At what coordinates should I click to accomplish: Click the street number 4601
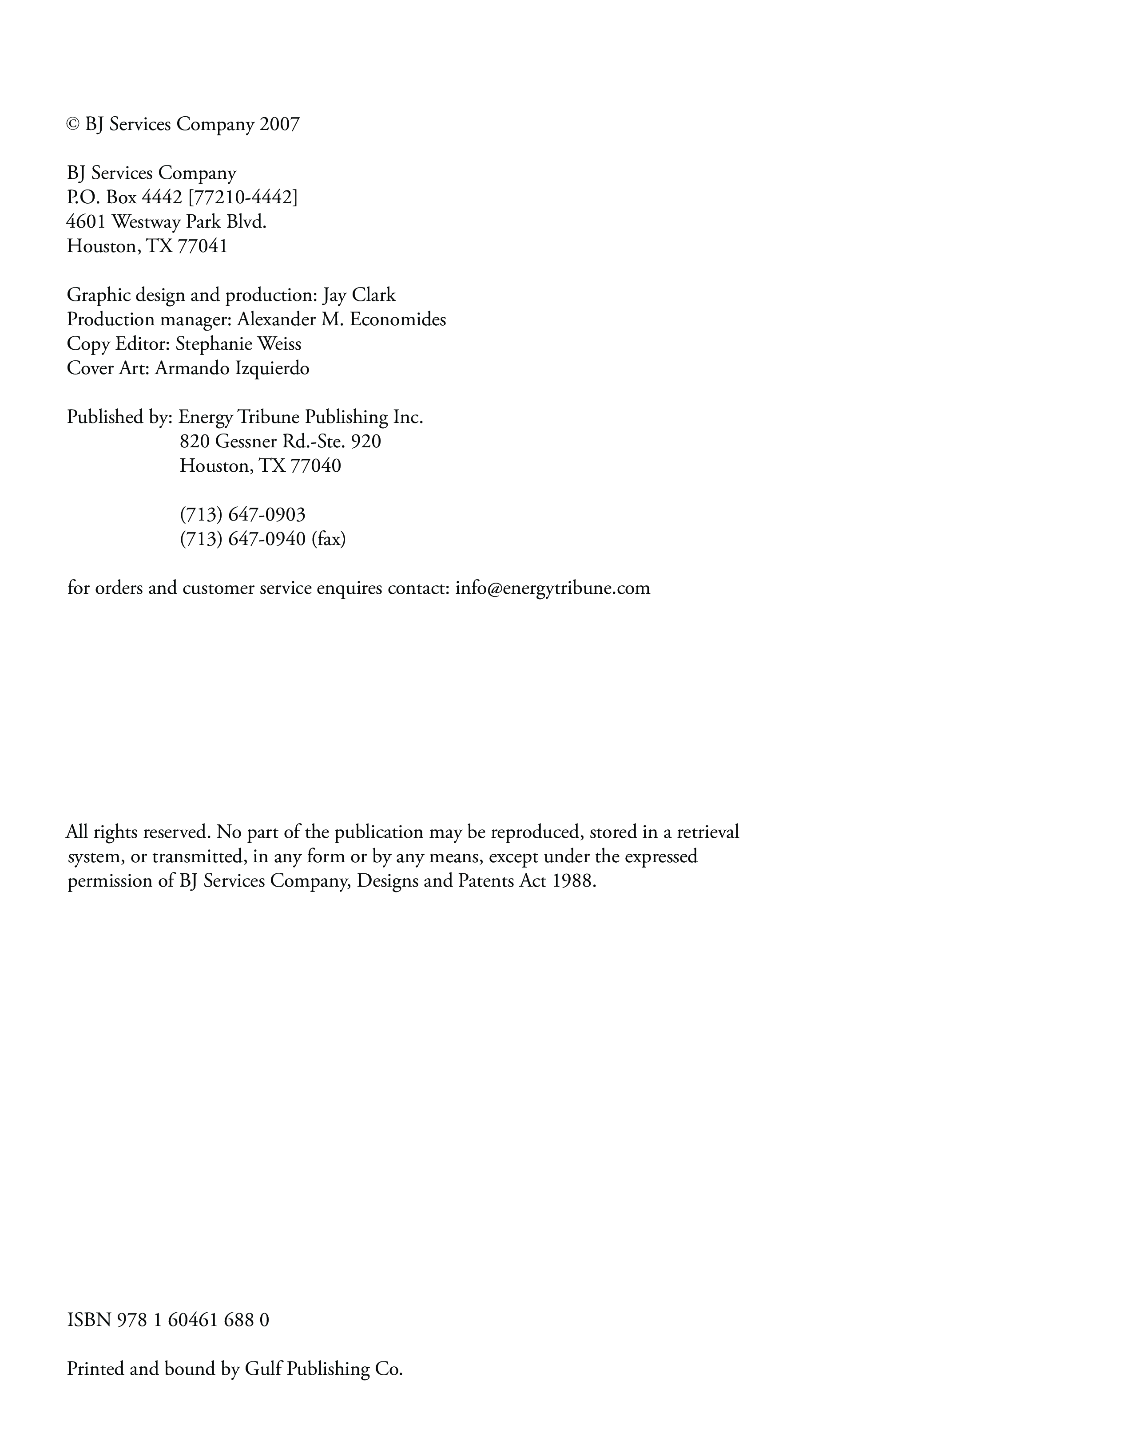86,222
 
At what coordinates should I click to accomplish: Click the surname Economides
397,320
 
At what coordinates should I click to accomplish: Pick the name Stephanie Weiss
238,344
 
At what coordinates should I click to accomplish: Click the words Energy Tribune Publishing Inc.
301,417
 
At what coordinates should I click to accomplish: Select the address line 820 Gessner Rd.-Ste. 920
280,442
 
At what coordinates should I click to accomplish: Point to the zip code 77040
316,466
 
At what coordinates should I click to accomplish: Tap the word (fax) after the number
328,539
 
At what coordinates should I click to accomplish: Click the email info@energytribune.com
552,588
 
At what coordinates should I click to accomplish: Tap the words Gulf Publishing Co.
324,1369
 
